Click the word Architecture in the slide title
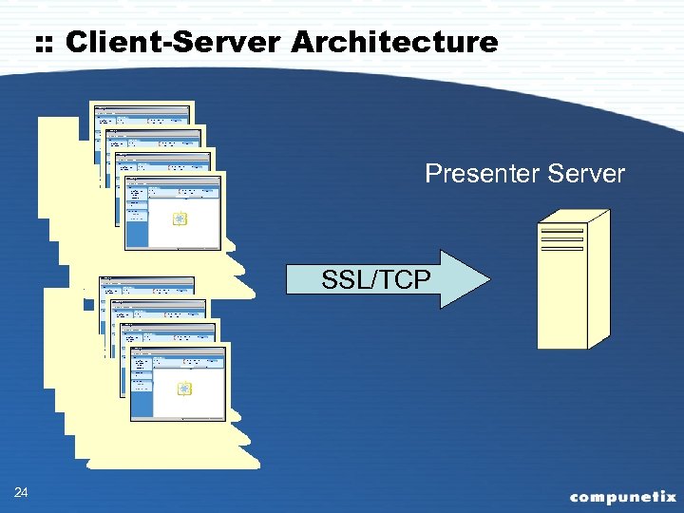[x=394, y=42]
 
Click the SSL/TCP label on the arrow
[x=375, y=279]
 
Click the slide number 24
[x=22, y=492]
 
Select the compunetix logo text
[x=622, y=496]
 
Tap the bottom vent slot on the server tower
[x=561, y=249]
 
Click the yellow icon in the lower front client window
[x=184, y=389]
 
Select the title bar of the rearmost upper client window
[x=142, y=105]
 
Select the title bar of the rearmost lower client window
[x=146, y=280]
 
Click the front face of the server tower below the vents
[x=561, y=304]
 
